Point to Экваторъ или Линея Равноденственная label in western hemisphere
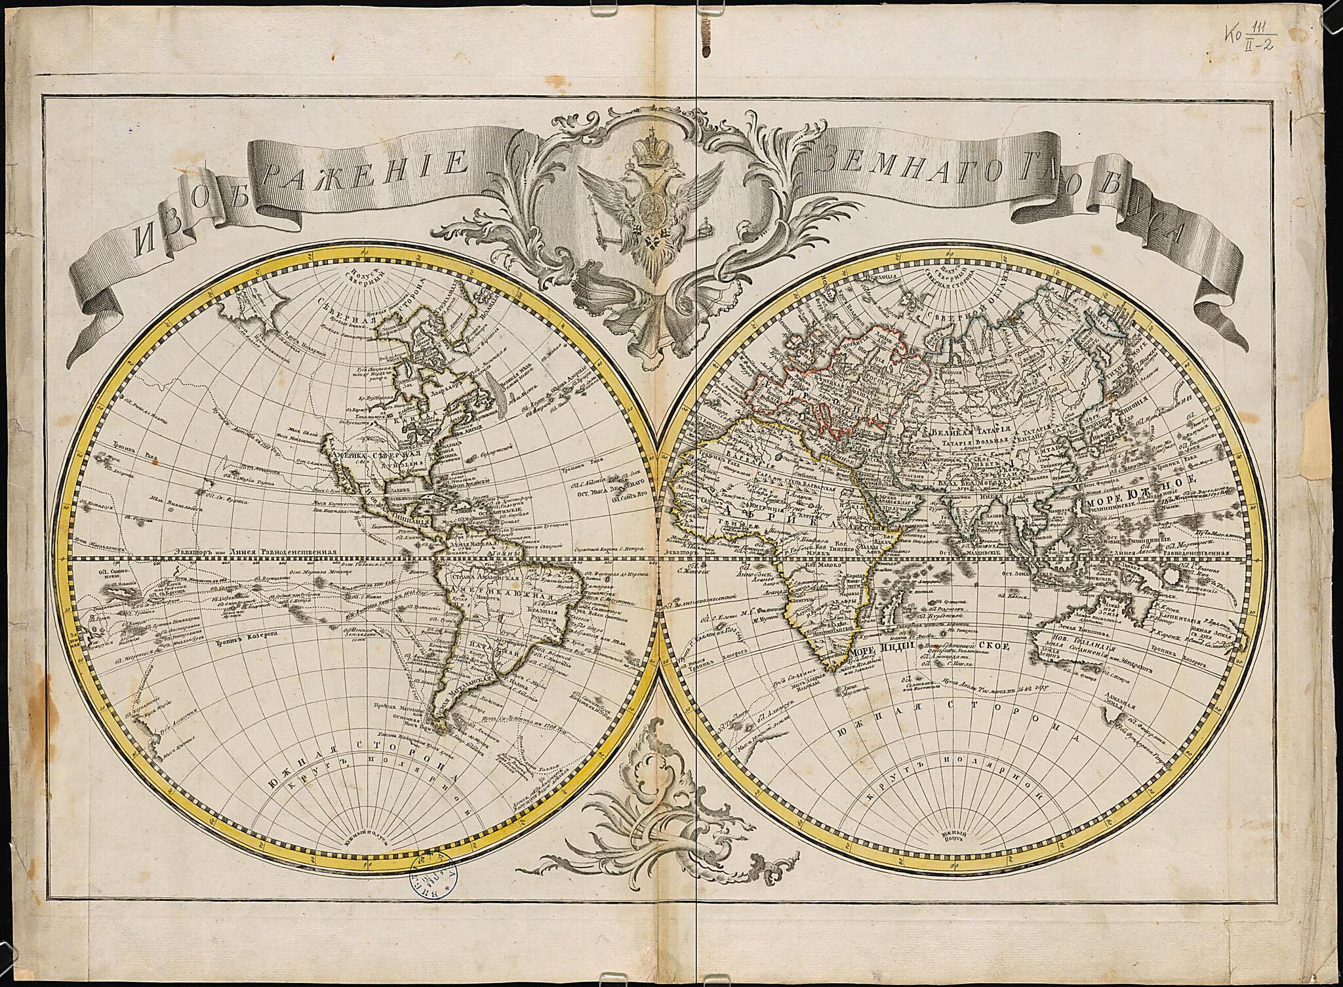(262, 553)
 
